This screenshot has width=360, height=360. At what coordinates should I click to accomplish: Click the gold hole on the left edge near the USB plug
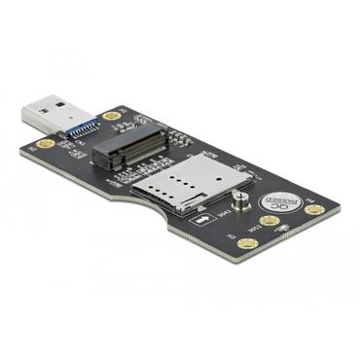43,145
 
